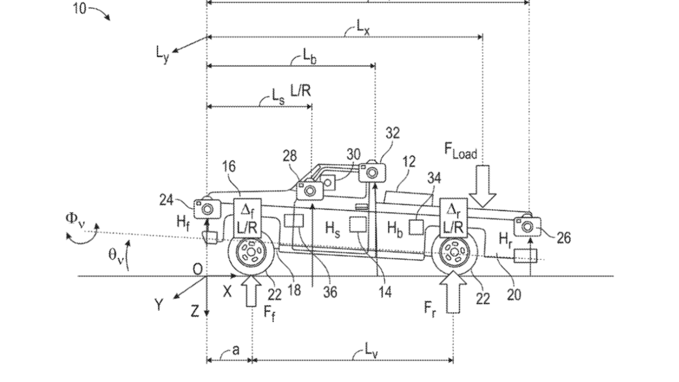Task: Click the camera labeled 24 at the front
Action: [207, 209]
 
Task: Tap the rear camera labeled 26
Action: [527, 226]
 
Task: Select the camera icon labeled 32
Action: [371, 171]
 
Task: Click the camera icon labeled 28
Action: [310, 190]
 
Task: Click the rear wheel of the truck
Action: [453, 253]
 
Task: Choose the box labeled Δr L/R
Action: [453, 217]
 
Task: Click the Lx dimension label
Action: [363, 26]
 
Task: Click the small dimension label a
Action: [236, 350]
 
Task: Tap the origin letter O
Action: [197, 269]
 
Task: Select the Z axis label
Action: [194, 311]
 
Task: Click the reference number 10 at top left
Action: [80, 8]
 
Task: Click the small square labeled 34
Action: [416, 228]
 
